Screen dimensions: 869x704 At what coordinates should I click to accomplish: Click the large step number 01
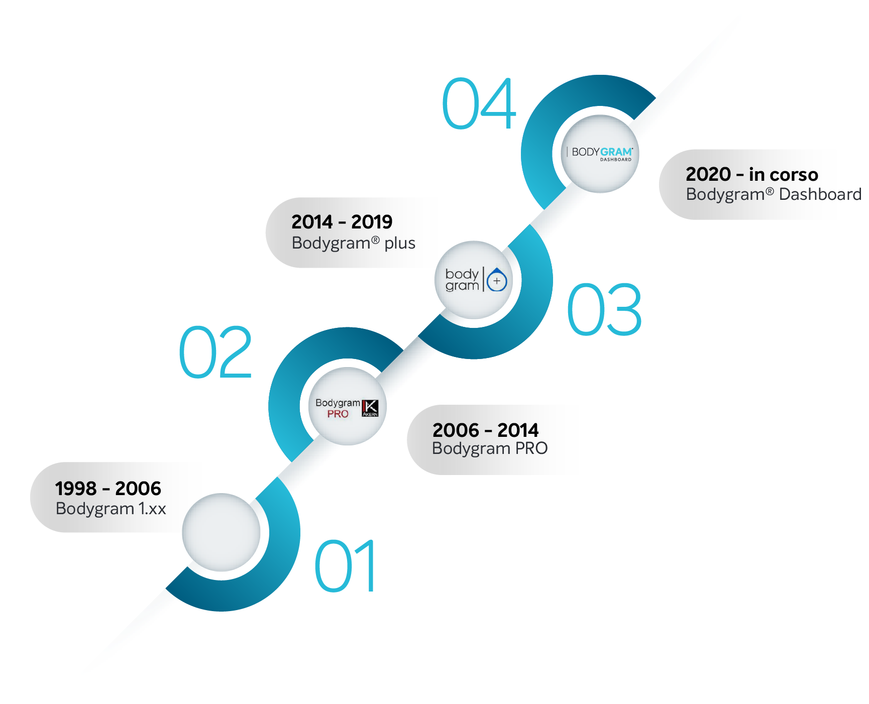pyautogui.click(x=345, y=566)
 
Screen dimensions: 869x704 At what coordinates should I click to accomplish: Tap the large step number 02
pyautogui.click(x=215, y=352)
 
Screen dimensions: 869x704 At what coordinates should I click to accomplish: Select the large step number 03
pyautogui.click(x=604, y=309)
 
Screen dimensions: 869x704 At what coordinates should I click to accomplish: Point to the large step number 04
pyautogui.click(x=479, y=103)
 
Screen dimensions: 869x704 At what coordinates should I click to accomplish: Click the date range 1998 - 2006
pyautogui.click(x=108, y=488)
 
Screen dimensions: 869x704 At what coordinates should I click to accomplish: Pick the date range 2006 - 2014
pyautogui.click(x=485, y=430)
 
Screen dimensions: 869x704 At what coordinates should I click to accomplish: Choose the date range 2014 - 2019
pyautogui.click(x=342, y=221)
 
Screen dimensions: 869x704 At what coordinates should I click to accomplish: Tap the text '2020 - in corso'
pyautogui.click(x=752, y=174)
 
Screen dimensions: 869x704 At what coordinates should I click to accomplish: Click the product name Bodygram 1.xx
pyautogui.click(x=111, y=509)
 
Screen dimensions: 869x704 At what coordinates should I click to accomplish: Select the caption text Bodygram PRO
pyautogui.click(x=490, y=448)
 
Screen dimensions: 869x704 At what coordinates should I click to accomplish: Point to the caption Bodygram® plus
pyautogui.click(x=354, y=243)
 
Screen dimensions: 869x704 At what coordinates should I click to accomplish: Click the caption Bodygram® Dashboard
pyautogui.click(x=774, y=194)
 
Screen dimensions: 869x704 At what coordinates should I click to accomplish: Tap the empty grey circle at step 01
pyautogui.click(x=222, y=532)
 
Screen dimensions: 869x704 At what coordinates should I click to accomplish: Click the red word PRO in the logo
pyautogui.click(x=338, y=414)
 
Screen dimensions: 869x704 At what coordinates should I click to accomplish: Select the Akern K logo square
pyautogui.click(x=370, y=408)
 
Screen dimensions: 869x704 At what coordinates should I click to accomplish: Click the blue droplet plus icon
pyautogui.click(x=497, y=280)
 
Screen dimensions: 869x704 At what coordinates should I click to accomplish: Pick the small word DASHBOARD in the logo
pyautogui.click(x=616, y=160)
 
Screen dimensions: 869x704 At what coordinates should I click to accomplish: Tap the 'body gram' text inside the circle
pyautogui.click(x=462, y=280)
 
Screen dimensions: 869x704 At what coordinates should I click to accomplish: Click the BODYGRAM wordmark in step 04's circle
pyautogui.click(x=602, y=152)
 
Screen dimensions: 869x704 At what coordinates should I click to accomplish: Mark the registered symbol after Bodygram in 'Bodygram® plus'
pyautogui.click(x=375, y=240)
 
